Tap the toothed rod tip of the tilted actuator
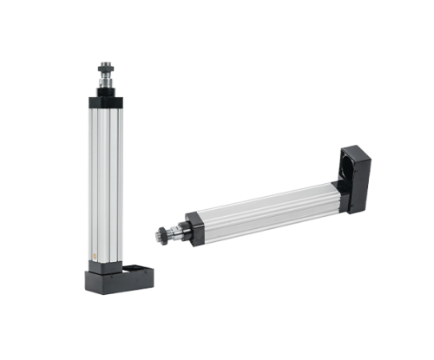point(161,234)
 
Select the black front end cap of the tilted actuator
point(193,225)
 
